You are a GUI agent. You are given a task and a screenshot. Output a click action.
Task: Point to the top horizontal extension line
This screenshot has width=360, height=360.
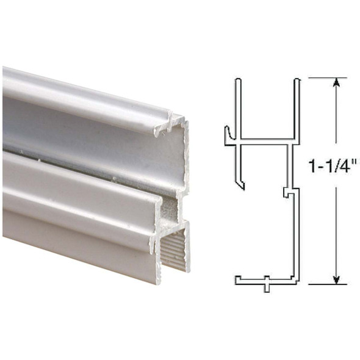(x=327, y=77)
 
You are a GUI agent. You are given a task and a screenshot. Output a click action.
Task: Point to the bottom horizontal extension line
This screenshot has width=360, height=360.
(x=327, y=284)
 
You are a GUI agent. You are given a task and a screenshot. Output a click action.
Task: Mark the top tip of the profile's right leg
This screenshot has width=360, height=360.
(x=297, y=80)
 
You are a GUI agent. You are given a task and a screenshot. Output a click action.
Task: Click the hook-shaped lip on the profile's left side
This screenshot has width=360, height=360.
(x=228, y=135)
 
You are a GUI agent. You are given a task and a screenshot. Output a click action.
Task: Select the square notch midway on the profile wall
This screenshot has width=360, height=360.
(x=287, y=192)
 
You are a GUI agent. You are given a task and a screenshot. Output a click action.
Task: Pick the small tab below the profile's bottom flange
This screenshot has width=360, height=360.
(x=266, y=287)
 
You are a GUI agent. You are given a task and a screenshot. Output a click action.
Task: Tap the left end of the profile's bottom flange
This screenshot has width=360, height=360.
(x=238, y=280)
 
